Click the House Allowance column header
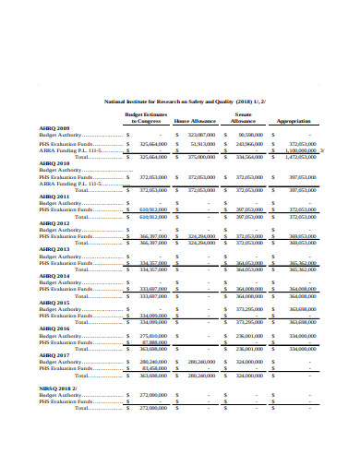coord(195,121)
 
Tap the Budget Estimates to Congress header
coord(145,117)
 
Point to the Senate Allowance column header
coord(244,117)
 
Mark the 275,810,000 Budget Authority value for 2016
coord(151,335)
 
